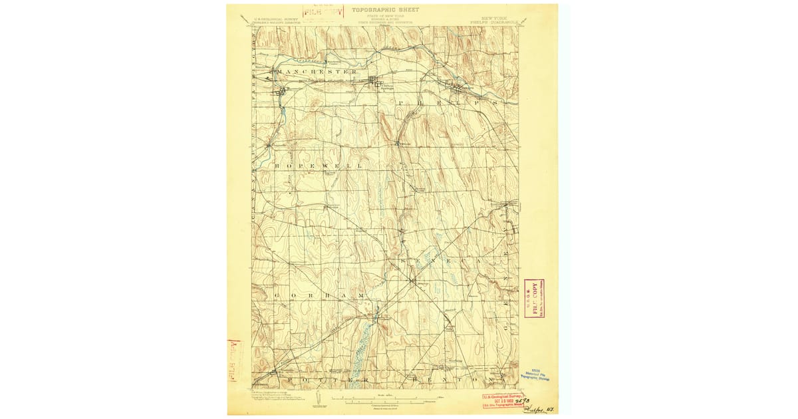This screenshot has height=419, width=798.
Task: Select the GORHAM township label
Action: tap(319, 294)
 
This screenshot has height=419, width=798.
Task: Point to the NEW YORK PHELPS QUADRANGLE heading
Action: tap(495, 15)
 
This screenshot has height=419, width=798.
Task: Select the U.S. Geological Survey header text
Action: tap(275, 20)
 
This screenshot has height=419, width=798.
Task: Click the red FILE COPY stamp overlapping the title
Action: tap(323, 11)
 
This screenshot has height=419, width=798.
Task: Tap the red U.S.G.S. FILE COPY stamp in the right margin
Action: tap(534, 298)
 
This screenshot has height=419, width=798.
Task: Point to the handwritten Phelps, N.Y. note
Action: tap(539, 404)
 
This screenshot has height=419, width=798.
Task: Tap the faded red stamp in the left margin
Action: tap(234, 360)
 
